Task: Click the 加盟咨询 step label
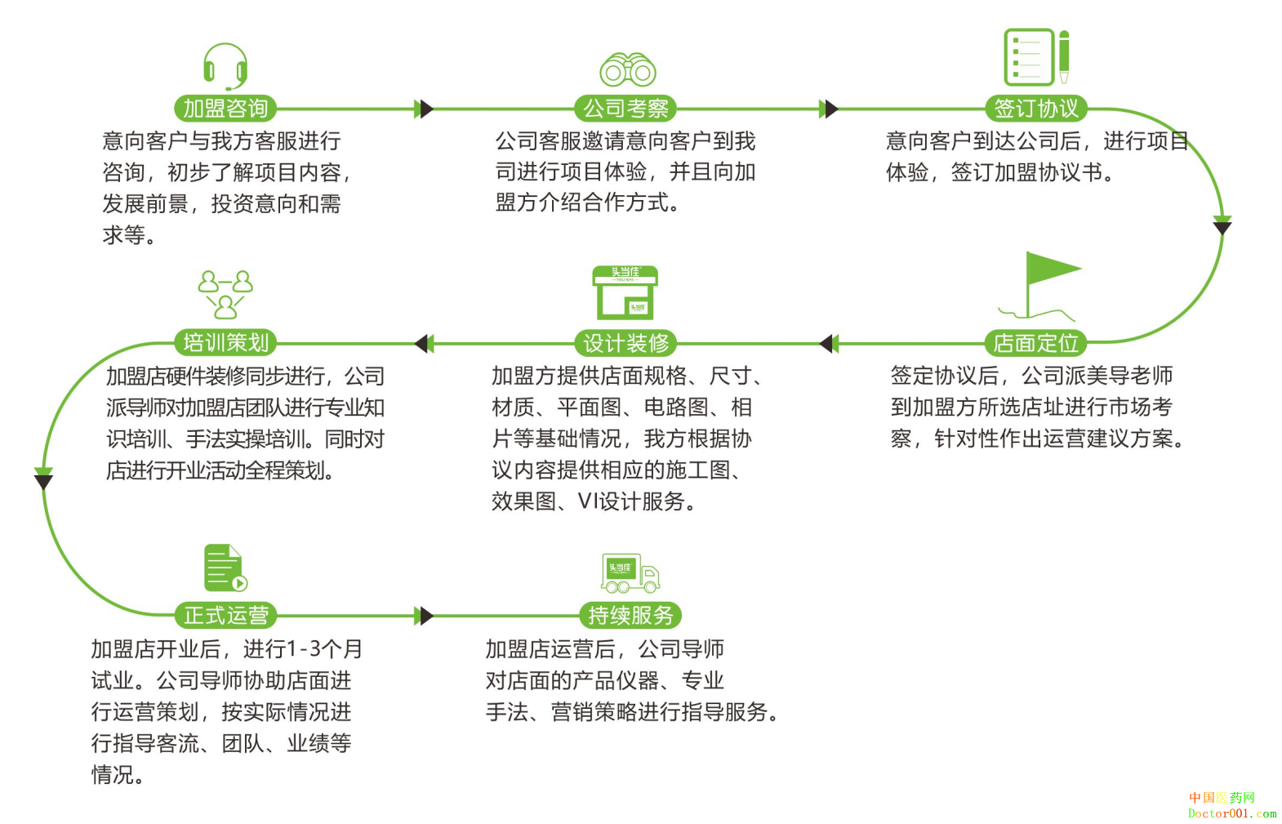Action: coord(225,109)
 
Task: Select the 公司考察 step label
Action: coord(625,109)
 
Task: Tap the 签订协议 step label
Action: coord(1035,109)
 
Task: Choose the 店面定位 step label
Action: coord(1035,344)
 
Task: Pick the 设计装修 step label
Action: coord(625,344)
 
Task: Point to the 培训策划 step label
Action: coord(225,343)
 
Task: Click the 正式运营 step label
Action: coord(225,616)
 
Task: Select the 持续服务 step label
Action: coord(630,616)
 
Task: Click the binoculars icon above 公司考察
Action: coord(628,70)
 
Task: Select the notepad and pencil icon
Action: coord(1035,56)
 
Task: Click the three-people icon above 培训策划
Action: coord(225,294)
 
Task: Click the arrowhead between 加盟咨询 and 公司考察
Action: coord(423,109)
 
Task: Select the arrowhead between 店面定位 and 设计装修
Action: coord(828,344)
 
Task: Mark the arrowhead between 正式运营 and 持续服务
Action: coord(423,616)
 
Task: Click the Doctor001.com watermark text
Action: coord(1231,813)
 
